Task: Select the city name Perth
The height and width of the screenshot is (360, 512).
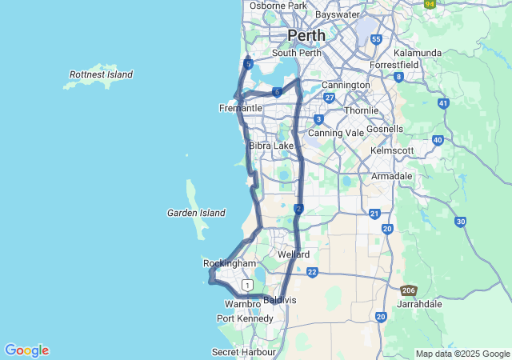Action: point(306,36)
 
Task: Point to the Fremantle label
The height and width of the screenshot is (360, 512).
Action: point(240,108)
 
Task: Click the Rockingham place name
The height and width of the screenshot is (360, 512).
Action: point(230,263)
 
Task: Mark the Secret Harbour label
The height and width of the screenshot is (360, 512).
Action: point(244,352)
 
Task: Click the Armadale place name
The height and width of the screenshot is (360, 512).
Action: point(392,176)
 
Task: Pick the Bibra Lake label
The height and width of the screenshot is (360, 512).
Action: point(271,146)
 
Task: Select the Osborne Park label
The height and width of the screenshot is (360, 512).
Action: point(278,6)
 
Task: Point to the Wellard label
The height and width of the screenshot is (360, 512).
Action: point(294,254)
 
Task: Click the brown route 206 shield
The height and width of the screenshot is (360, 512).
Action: point(409,290)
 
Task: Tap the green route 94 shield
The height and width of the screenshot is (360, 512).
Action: point(430,3)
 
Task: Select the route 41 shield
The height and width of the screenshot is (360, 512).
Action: point(443,103)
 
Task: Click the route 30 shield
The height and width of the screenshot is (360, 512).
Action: point(460,222)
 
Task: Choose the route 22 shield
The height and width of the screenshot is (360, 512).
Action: point(312,272)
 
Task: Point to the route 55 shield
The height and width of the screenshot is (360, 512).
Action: point(376,39)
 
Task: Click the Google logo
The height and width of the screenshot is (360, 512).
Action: point(26,350)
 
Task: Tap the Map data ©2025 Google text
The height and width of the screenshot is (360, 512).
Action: point(462,354)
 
